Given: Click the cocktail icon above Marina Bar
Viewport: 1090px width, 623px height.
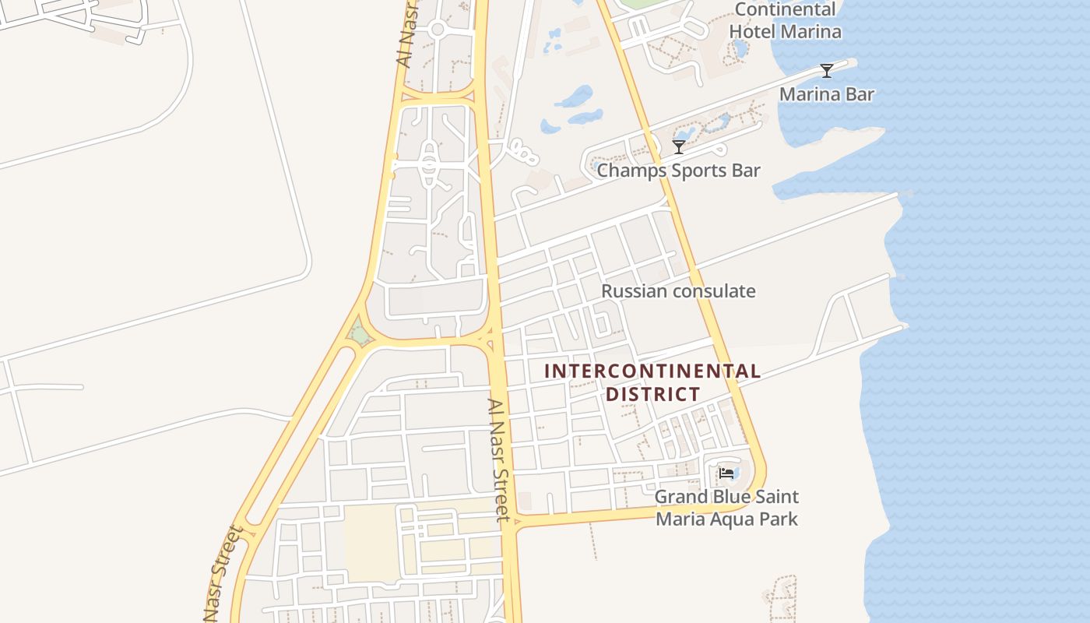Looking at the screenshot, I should click(827, 71).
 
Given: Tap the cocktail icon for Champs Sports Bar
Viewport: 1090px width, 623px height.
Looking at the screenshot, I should click(679, 146).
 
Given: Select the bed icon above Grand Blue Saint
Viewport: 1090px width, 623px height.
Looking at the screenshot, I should click(726, 473).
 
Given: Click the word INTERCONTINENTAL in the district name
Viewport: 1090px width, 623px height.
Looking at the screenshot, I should click(652, 371).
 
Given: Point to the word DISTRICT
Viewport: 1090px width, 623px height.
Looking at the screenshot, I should click(653, 395).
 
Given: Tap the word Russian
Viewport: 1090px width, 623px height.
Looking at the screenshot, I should click(635, 291).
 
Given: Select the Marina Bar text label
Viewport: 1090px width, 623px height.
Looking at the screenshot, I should click(827, 95).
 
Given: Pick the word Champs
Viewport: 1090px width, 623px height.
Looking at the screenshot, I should click(628, 171).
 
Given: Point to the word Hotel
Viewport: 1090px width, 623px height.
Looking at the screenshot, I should click(753, 32).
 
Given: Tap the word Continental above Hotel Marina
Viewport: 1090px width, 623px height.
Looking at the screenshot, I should click(785, 10).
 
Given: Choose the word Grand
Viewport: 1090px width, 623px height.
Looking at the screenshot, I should click(681, 497).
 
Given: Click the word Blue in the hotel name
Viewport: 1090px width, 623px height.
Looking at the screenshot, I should click(733, 497).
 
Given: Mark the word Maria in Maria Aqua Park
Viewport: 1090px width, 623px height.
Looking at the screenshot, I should click(680, 519).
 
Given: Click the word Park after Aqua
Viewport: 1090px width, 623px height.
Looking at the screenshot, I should click(779, 519).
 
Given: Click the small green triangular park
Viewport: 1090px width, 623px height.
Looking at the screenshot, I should click(359, 335).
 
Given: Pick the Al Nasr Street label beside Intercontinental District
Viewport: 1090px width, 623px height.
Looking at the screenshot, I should click(498, 459).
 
